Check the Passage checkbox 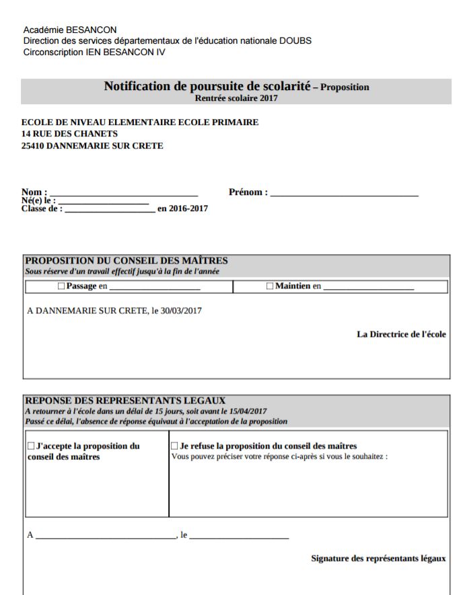tap(61, 286)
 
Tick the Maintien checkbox tap(270, 286)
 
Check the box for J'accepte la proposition tap(31, 446)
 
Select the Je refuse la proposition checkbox tap(174, 446)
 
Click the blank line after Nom tap(124, 193)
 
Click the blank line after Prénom tap(344, 194)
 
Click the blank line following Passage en tap(155, 288)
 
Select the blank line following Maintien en tap(368, 288)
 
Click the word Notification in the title tap(139, 87)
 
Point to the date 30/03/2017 tap(181, 311)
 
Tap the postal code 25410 tap(33, 145)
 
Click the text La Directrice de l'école tap(401, 334)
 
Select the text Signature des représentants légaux tap(378, 559)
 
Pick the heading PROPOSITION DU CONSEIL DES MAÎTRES tap(127, 261)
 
